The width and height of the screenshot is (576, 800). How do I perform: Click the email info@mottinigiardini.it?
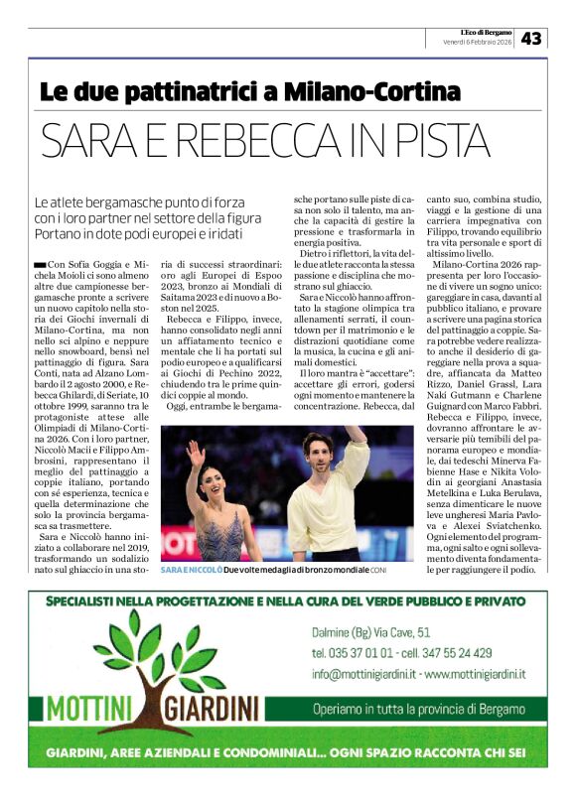pyautogui.click(x=361, y=674)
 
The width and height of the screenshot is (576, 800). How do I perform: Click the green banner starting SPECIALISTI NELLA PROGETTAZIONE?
pyautogui.click(x=287, y=602)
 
